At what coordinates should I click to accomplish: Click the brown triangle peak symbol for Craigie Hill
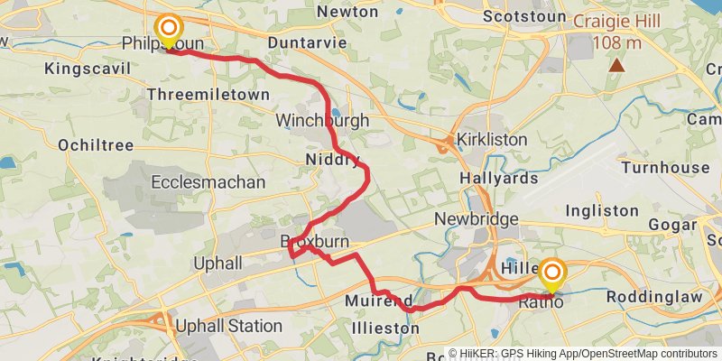[x=617, y=65]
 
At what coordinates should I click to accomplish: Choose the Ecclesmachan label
[x=208, y=182]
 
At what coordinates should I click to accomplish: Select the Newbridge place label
[x=476, y=219]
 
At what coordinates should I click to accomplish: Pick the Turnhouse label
[x=665, y=168]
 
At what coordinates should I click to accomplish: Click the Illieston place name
[x=386, y=329]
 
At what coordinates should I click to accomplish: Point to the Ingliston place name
[x=602, y=210]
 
